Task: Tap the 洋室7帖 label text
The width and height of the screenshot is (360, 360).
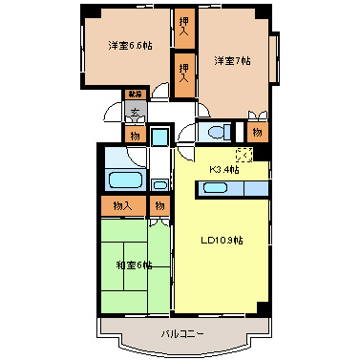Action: tap(232, 61)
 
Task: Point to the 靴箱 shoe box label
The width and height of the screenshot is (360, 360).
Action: tap(135, 95)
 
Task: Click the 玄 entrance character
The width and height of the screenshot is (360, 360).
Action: tap(135, 113)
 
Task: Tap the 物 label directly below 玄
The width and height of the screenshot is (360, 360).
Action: tap(135, 135)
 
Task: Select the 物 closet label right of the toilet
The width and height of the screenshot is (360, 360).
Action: tap(258, 131)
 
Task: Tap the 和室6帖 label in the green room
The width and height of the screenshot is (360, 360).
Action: tap(134, 264)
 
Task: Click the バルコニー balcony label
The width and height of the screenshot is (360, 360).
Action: tap(180, 333)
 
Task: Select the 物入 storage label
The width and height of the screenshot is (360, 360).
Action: tap(122, 204)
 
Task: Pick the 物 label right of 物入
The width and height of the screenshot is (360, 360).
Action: tap(159, 204)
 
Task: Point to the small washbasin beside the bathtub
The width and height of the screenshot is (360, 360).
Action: tap(159, 183)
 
